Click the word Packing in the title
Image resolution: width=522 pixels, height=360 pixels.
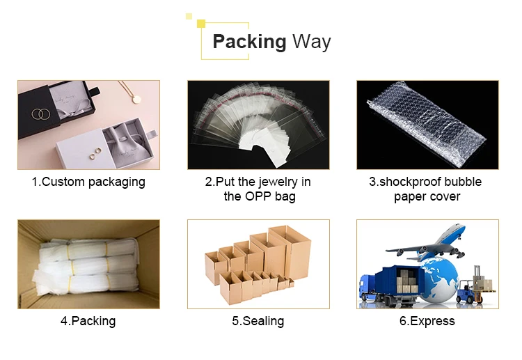(249, 42)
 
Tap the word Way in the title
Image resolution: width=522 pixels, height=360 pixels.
(311, 42)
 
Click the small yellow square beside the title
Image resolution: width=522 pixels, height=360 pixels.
(201, 24)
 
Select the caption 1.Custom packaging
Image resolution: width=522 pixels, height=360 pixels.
(88, 182)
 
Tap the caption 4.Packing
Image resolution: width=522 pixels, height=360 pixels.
(88, 321)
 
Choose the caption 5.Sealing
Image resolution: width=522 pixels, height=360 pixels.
(258, 321)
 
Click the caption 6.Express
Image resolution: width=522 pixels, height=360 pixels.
(427, 321)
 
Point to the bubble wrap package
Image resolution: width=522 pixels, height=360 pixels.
(427, 125)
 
